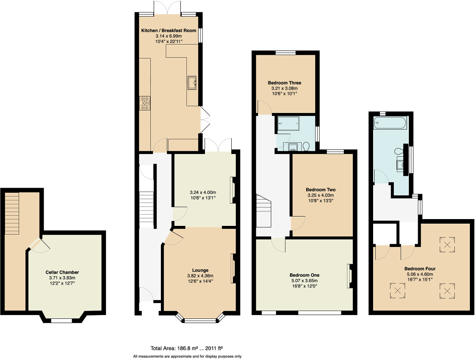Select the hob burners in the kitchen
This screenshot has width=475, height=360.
point(145,103)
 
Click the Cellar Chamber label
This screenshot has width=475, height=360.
point(62,272)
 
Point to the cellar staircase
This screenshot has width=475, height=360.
point(12,213)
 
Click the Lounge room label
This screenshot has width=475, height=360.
point(200,270)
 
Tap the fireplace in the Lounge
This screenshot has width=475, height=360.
point(233,268)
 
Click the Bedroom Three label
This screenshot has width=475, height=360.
point(284,83)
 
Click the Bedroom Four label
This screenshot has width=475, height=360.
point(419,269)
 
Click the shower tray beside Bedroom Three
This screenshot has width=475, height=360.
point(289,124)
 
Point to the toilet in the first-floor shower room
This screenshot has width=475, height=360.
point(307,146)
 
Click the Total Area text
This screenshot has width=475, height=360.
point(187,347)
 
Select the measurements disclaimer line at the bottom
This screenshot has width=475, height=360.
point(187,356)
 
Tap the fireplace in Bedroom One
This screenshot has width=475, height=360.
point(349,276)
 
